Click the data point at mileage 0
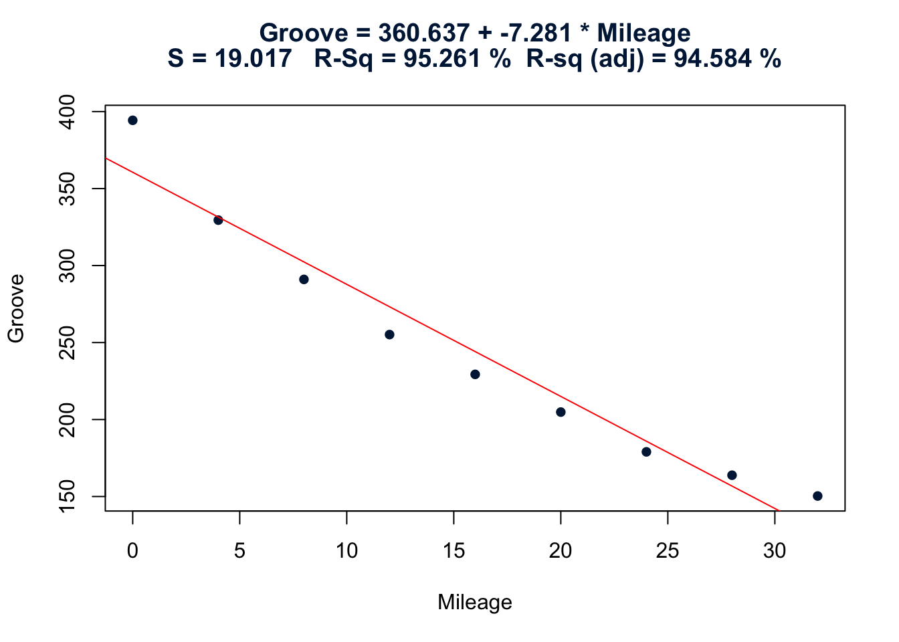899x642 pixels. [x=132, y=120]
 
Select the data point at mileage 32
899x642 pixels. [x=817, y=496]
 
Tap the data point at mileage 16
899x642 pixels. [x=475, y=374]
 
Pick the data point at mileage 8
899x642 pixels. [x=304, y=280]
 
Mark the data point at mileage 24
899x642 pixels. [x=646, y=452]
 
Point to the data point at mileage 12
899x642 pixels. [x=389, y=334]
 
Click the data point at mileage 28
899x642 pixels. [x=732, y=475]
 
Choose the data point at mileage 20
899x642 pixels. [x=561, y=412]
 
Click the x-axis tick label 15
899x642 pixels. [x=454, y=551]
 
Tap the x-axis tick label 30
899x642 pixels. [x=775, y=551]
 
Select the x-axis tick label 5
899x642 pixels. [x=239, y=551]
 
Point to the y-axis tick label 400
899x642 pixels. [x=68, y=112]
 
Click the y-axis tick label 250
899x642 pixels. [x=68, y=342]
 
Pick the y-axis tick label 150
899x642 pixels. [x=68, y=496]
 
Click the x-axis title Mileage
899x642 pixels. [x=475, y=603]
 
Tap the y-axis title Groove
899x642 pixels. [x=16, y=308]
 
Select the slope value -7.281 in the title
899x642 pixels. [x=535, y=33]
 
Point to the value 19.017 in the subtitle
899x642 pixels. [x=253, y=60]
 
